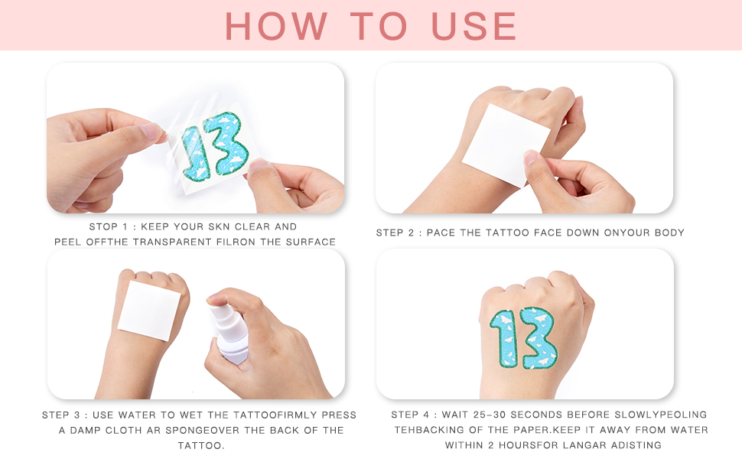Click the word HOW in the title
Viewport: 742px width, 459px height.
coord(276,26)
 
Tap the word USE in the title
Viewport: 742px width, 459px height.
coord(474,26)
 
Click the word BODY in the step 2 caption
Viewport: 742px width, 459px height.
coord(669,233)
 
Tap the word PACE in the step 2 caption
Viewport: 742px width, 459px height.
coord(441,233)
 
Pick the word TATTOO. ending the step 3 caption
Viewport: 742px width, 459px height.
coord(201,446)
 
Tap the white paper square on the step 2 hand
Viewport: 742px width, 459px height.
coord(506,145)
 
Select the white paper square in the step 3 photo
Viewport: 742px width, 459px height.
coord(149,311)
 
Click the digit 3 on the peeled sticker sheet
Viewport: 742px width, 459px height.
coord(226,143)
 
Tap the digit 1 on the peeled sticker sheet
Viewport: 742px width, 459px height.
coord(196,154)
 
